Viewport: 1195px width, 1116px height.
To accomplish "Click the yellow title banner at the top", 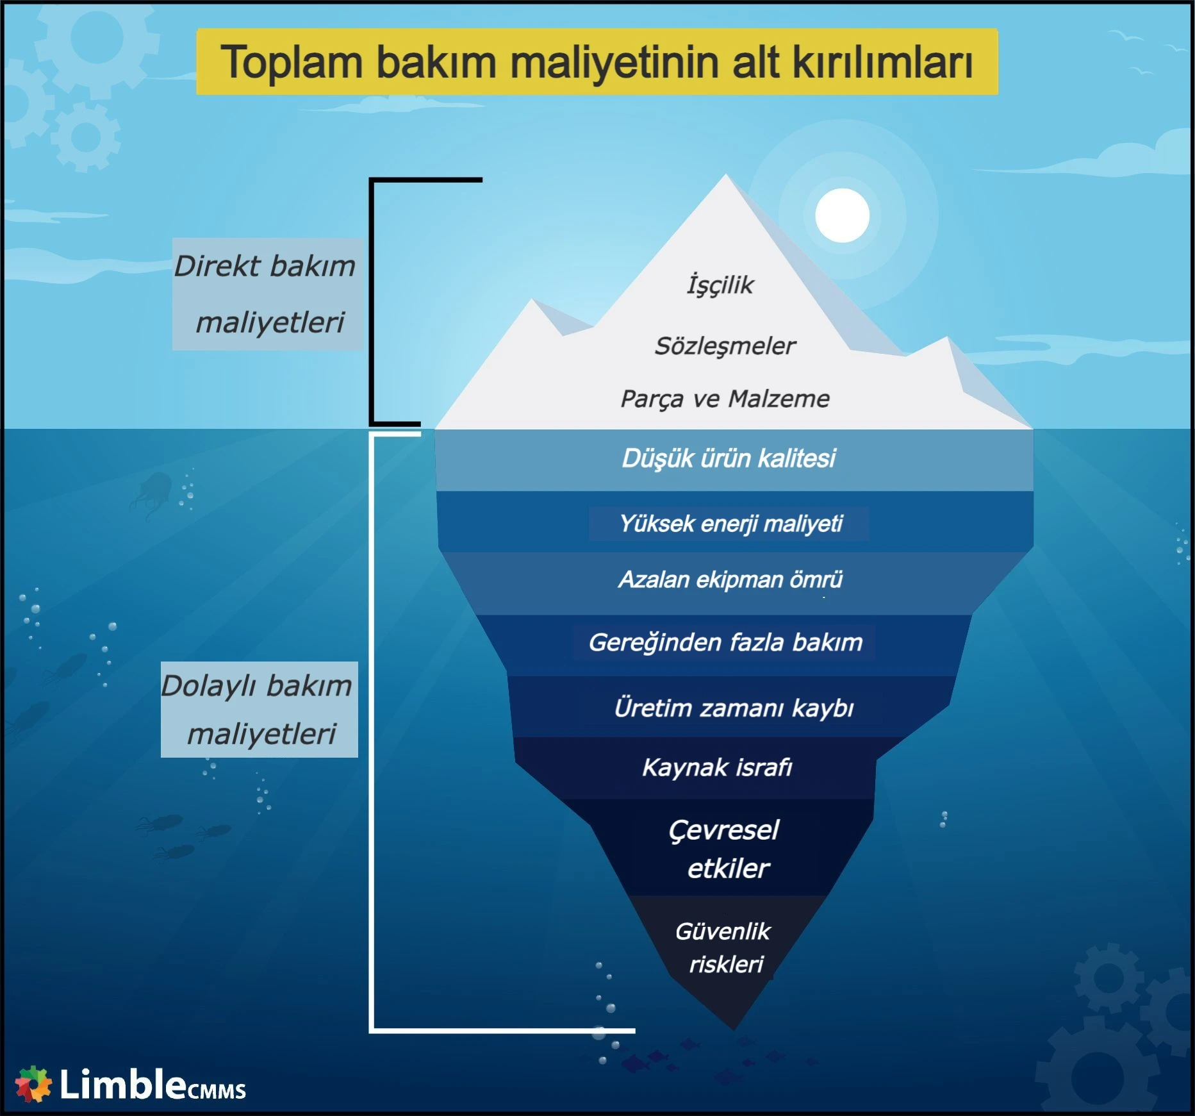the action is tap(597, 62).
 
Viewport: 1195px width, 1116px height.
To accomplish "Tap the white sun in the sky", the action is tap(842, 215).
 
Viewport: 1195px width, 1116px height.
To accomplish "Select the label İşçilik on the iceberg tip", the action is tap(720, 285).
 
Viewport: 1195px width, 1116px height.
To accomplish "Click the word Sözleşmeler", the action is tap(725, 346).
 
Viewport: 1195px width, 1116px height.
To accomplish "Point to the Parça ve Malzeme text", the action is tap(725, 399).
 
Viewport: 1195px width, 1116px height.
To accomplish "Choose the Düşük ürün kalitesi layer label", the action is tap(729, 458).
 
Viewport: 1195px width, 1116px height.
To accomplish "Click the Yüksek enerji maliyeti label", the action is tap(730, 524).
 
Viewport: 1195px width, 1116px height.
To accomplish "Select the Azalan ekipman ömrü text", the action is tap(730, 579).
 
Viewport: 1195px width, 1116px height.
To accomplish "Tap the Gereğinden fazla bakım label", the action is tap(725, 642).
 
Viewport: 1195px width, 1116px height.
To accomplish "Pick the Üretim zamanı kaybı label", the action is tap(734, 708).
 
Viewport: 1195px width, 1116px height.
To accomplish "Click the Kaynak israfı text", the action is tap(717, 767).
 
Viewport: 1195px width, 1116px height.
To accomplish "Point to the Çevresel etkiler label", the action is tap(725, 849).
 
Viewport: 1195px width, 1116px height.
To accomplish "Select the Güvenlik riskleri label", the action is tap(724, 947).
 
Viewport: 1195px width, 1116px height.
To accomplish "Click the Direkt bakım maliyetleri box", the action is tap(267, 294).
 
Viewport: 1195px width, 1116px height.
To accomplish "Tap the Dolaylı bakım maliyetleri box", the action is tap(259, 710).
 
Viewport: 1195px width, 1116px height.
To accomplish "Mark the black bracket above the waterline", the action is tap(372, 301).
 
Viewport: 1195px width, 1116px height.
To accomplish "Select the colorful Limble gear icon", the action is tap(33, 1084).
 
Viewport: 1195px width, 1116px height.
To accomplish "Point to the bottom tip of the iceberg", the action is tap(734, 1028).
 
